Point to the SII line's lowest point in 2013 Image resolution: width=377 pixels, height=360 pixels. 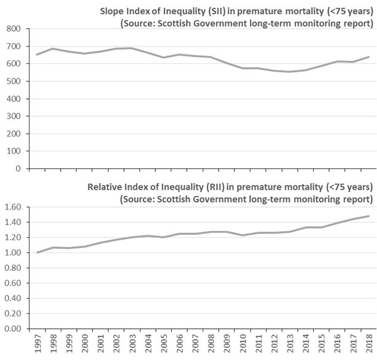[x=289, y=72]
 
